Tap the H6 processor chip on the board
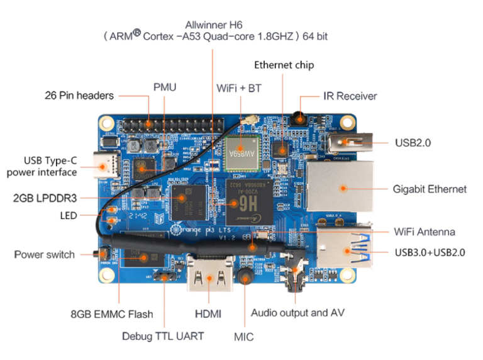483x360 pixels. click(243, 200)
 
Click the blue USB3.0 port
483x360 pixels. click(344, 250)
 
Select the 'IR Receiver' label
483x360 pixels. click(350, 96)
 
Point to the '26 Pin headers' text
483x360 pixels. click(79, 96)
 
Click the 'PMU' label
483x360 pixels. click(165, 86)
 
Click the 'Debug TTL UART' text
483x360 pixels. click(163, 336)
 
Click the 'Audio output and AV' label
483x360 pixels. click(297, 313)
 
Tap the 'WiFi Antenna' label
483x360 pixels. click(424, 232)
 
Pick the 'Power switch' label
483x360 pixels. click(45, 254)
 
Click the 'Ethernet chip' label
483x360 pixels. click(284, 65)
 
